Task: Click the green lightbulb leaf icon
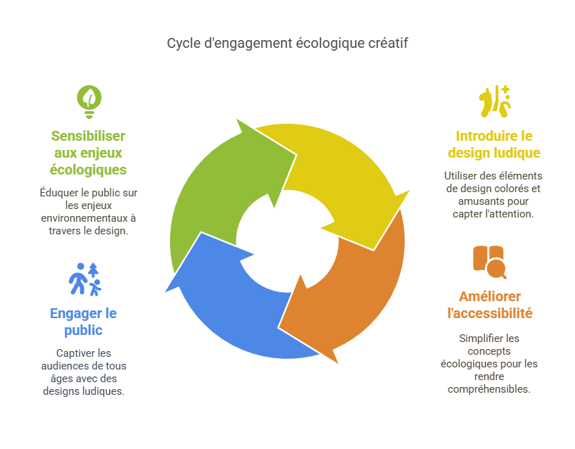[x=89, y=102]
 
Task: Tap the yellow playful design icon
[x=495, y=101]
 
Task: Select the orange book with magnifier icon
[x=489, y=262]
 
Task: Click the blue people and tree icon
[x=85, y=279]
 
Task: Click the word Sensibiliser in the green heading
[x=88, y=137]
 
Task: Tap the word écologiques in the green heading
[x=88, y=170]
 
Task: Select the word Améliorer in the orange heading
[x=490, y=297]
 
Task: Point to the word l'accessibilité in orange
[x=490, y=314]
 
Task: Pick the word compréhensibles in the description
[x=489, y=389]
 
